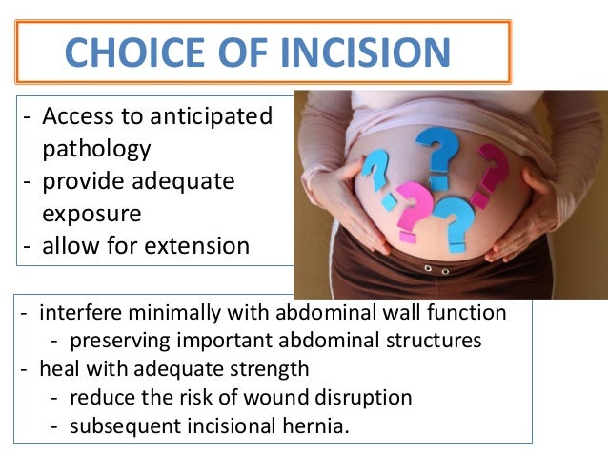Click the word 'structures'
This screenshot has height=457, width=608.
tap(436, 341)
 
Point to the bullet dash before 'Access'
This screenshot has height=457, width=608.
tap(30, 117)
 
